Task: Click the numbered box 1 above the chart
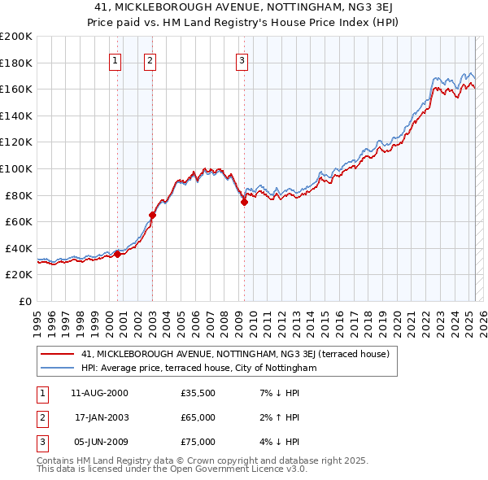pos(115,59)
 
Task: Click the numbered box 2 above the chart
pos(151,59)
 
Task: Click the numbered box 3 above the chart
pos(242,59)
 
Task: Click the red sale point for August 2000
pos(117,254)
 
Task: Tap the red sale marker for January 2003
pos(152,215)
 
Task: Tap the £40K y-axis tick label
pos(20,248)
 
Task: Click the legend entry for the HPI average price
pos(198,368)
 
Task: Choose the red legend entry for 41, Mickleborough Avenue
pos(235,354)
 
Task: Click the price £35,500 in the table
pos(198,393)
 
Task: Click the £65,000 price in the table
pos(198,417)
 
